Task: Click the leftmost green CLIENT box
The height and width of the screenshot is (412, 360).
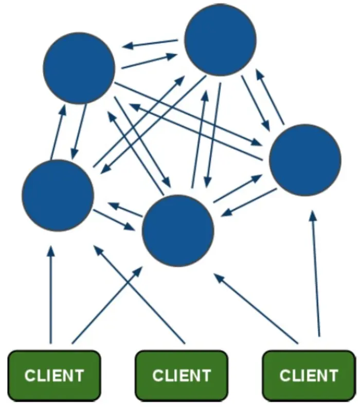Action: (x=54, y=374)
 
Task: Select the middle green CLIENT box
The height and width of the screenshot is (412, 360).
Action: (x=181, y=374)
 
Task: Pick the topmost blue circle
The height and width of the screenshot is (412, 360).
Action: (x=220, y=40)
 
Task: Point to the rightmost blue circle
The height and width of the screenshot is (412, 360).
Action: (x=305, y=159)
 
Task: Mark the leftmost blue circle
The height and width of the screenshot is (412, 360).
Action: (x=58, y=195)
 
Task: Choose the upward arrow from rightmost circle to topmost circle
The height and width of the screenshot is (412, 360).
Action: (x=271, y=97)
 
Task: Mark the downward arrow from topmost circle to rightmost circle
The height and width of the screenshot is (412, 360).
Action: (x=255, y=103)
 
